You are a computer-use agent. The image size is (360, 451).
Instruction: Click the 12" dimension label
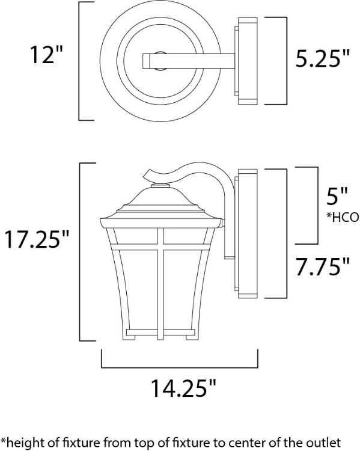tap(47, 55)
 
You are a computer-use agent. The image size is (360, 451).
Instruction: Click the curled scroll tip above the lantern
tap(149, 176)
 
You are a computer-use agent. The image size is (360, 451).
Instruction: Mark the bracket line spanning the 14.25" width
tap(180, 366)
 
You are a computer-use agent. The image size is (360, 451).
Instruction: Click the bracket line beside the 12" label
tap(80, 61)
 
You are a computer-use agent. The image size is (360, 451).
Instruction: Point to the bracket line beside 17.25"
tap(81, 251)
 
